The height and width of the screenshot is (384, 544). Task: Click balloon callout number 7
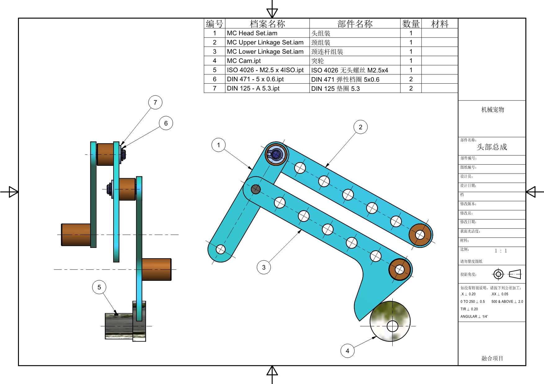point(155,103)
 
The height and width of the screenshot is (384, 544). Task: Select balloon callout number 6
point(166,123)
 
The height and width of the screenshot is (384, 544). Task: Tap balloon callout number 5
point(99,287)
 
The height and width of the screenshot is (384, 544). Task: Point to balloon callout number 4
point(347,351)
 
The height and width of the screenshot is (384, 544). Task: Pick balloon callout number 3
point(264,267)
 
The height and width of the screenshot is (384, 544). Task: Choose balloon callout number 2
point(360,127)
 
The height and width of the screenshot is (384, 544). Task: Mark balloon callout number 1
point(218,145)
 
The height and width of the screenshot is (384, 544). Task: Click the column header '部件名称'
point(355,24)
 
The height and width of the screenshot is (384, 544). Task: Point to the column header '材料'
point(439,24)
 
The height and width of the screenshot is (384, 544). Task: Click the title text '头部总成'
point(492,147)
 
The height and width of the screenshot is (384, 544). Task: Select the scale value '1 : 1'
point(501,251)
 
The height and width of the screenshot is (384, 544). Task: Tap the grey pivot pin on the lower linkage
point(256,189)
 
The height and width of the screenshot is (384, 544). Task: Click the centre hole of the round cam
point(392,326)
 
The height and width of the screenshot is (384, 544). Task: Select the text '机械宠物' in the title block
point(493,109)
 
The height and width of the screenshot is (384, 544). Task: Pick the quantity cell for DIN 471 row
point(411,79)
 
